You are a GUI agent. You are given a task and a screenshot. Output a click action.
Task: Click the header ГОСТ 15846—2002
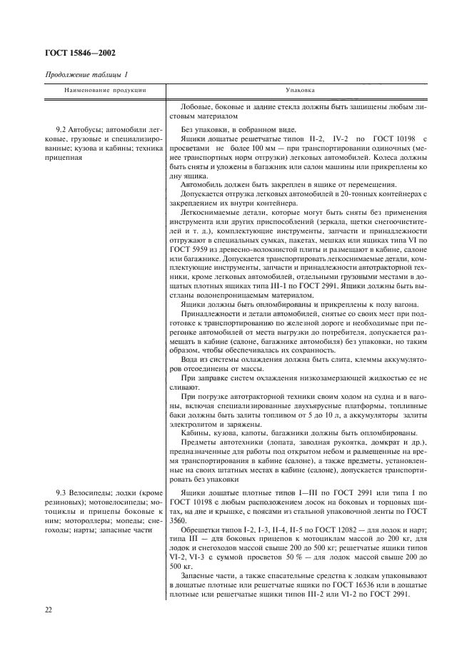click(x=80, y=52)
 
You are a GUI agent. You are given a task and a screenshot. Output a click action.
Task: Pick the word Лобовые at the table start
click(x=198, y=105)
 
